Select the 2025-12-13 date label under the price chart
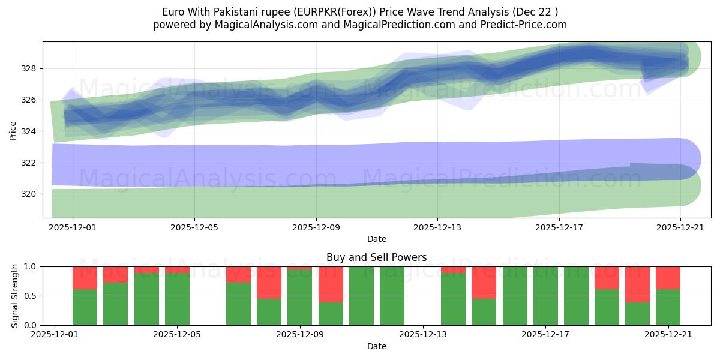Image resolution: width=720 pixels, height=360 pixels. [x=437, y=227]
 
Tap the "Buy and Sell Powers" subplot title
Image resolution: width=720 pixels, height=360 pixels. [x=376, y=257]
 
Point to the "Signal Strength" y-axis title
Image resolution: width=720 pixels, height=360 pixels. [x=15, y=296]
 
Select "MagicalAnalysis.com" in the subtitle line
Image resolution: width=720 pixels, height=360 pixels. [x=261, y=25]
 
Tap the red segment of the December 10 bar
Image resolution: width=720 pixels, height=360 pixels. [x=331, y=284]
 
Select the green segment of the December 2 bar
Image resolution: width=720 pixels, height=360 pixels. [x=85, y=307]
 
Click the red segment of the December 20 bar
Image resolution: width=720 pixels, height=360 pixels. [x=637, y=284]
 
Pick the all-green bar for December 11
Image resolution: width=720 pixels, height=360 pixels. [x=361, y=296]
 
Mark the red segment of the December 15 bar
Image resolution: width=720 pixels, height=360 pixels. [x=484, y=283]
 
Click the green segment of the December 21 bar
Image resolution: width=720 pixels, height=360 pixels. [x=668, y=307]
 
